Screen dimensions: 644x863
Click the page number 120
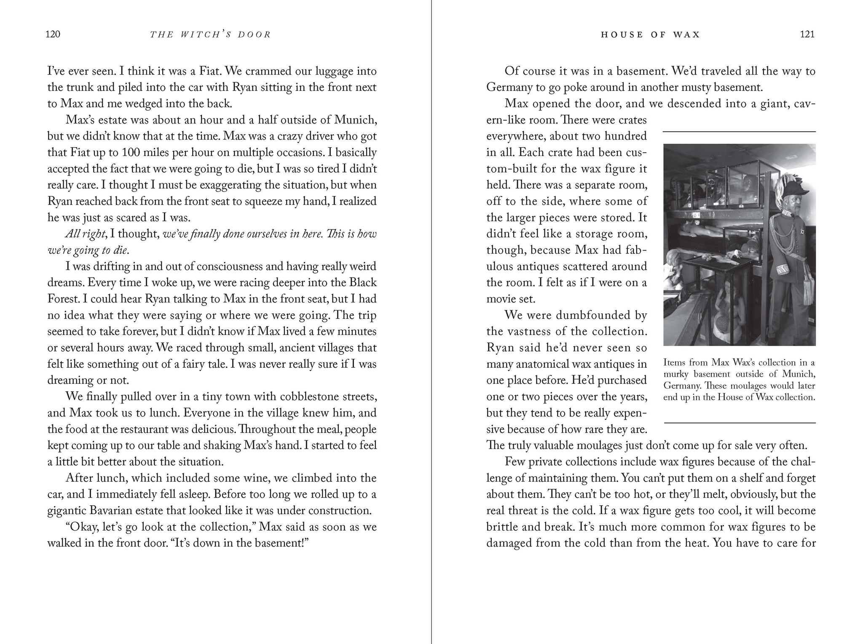(x=53, y=35)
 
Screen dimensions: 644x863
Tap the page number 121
(x=807, y=35)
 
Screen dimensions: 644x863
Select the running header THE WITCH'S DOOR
(x=210, y=35)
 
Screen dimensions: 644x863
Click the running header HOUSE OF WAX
(x=650, y=35)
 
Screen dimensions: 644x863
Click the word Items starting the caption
(x=675, y=363)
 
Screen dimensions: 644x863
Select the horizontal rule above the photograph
(x=739, y=132)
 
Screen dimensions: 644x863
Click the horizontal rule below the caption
(x=739, y=423)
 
